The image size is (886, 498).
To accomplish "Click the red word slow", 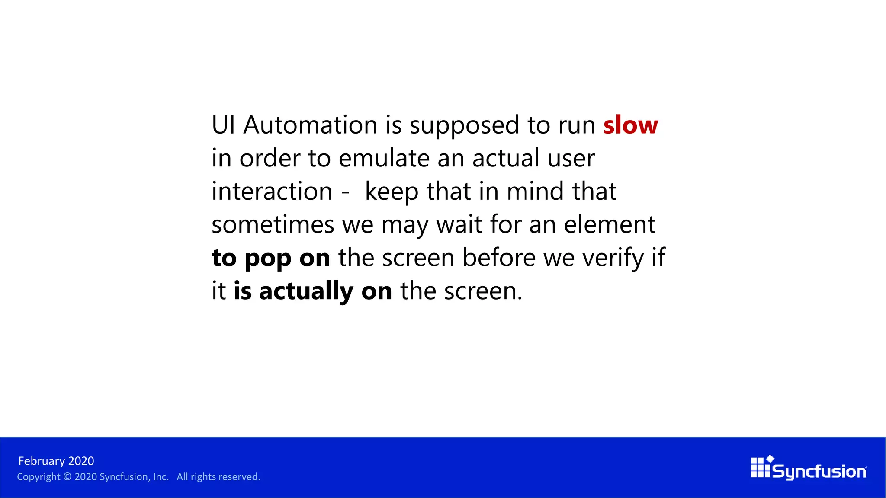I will pos(630,125).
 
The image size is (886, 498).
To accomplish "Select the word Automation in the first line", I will pos(310,125).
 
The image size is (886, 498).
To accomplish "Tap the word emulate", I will pos(384,158).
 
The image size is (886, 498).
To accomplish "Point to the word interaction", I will pos(272,192).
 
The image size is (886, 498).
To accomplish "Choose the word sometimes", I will pos(273,225).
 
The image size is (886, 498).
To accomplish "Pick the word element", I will pos(610,225).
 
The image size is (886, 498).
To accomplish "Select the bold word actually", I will pos(306,291).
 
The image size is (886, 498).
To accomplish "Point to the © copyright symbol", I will pos(67,477).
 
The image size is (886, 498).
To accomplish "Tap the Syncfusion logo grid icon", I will pos(761,467).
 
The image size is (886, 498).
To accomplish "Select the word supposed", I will pos(464,126).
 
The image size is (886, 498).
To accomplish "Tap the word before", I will pos(499,258).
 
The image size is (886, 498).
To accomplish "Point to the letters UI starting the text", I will pos(223,125).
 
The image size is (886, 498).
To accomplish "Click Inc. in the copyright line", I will pos(161,477).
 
